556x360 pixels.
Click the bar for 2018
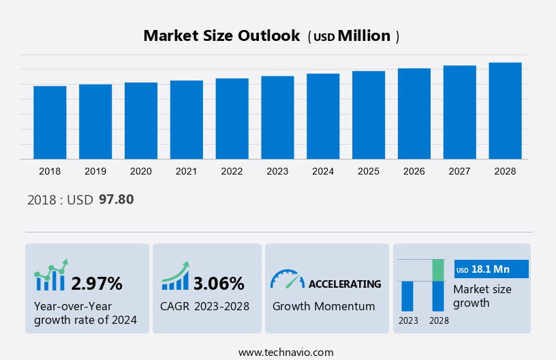point(50,123)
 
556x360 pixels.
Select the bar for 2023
point(277,117)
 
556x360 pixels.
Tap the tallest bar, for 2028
point(505,110)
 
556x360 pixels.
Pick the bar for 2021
point(187,120)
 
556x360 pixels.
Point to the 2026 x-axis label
point(414,171)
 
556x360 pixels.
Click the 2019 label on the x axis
point(95,171)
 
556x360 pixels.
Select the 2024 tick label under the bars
point(323,171)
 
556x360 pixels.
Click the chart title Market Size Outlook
point(221,36)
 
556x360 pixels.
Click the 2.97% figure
point(97,283)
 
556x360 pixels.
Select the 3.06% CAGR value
point(219,283)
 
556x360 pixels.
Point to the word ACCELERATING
point(345,284)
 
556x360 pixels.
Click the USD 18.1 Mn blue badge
point(491,269)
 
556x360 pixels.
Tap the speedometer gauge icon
point(287,279)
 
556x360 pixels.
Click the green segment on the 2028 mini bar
point(438,270)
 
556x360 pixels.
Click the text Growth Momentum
point(324,306)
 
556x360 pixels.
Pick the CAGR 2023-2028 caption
point(204,306)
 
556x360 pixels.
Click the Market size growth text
point(482,296)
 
